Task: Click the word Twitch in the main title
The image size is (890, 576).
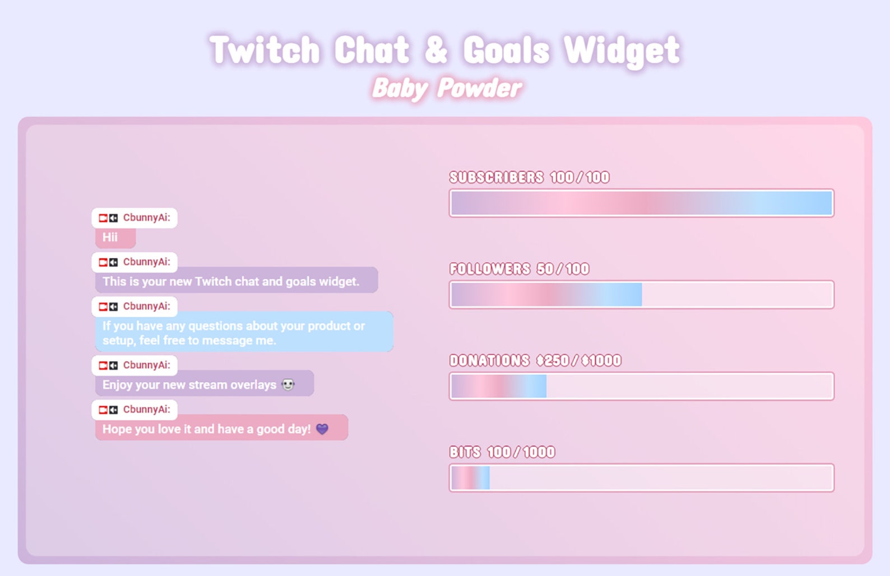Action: click(x=265, y=50)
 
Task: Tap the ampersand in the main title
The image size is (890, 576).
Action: click(x=436, y=50)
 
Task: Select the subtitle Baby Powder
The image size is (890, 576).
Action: click(x=447, y=89)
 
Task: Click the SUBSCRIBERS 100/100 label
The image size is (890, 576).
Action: click(x=529, y=178)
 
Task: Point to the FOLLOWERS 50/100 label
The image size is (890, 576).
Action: click(x=519, y=269)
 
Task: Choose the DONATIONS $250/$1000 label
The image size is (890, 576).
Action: click(x=535, y=360)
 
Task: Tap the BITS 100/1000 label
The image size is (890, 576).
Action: click(x=502, y=452)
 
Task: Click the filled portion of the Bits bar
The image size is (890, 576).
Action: click(x=471, y=478)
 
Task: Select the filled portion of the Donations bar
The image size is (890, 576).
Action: click(x=499, y=387)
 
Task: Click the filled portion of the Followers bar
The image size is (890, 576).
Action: click(x=546, y=295)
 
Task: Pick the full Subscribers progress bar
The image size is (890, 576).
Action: click(x=641, y=203)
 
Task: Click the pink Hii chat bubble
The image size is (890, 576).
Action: click(x=115, y=238)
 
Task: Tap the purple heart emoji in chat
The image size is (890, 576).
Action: click(x=322, y=429)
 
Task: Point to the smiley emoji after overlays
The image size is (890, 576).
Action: click(x=288, y=385)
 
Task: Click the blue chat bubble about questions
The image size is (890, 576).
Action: click(x=244, y=332)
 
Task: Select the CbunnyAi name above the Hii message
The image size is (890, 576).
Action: click(x=146, y=218)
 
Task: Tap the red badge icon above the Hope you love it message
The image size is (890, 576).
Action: click(x=103, y=410)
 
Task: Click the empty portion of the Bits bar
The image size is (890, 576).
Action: click(x=661, y=478)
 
